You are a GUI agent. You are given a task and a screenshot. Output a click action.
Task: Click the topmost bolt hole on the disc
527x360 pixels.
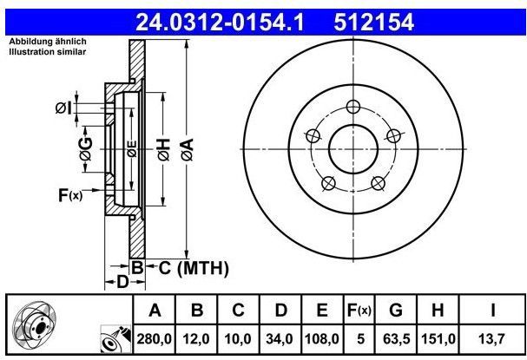point(352,107)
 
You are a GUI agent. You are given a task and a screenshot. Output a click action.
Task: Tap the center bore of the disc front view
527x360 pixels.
point(352,149)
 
